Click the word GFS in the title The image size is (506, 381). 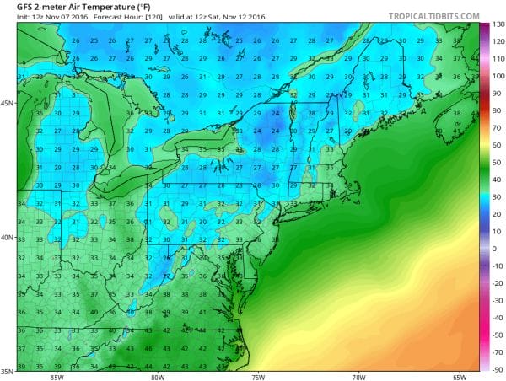[x=14, y=7]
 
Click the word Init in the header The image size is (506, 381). [x=11, y=18]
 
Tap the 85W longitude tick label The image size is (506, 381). [x=56, y=376]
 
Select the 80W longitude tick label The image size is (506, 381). [x=156, y=376]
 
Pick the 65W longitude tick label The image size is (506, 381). [x=460, y=376]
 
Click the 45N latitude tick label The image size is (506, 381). [x=8, y=104]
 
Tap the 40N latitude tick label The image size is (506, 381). [x=8, y=238]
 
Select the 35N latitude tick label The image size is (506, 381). [x=8, y=370]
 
